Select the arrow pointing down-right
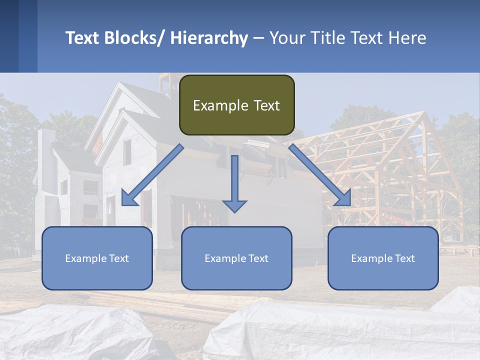(x=319, y=175)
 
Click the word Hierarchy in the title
(x=209, y=38)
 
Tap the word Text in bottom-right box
(x=405, y=258)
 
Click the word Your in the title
(x=286, y=38)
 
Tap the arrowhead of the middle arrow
(x=234, y=205)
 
